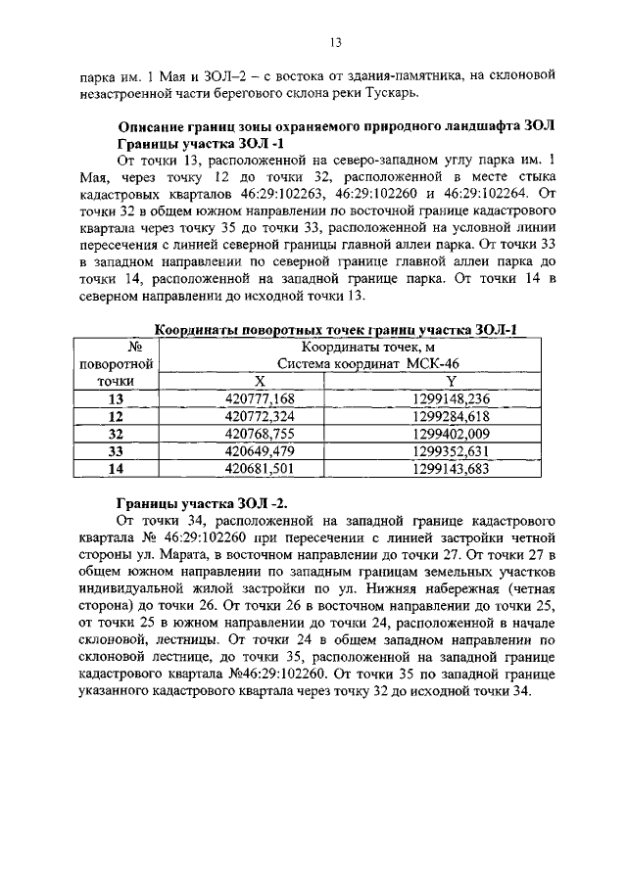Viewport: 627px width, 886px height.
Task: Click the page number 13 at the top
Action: pos(334,42)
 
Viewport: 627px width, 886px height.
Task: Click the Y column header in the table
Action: pos(451,381)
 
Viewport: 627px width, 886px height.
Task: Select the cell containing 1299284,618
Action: pos(451,416)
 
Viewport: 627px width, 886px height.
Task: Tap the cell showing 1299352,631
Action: pos(451,451)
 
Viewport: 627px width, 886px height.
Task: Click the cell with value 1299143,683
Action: pos(451,469)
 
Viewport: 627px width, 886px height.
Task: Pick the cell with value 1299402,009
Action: pos(451,434)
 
